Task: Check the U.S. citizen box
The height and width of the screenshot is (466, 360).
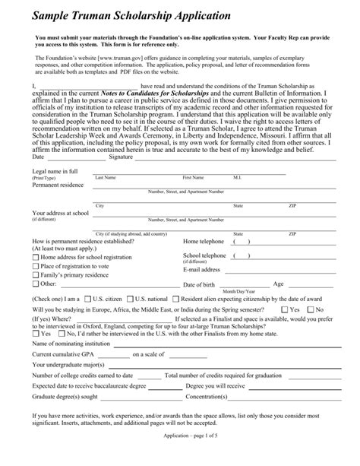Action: click(x=87, y=299)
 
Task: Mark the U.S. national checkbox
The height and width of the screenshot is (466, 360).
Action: click(x=131, y=299)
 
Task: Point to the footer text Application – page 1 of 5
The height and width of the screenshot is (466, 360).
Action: click(x=179, y=457)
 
